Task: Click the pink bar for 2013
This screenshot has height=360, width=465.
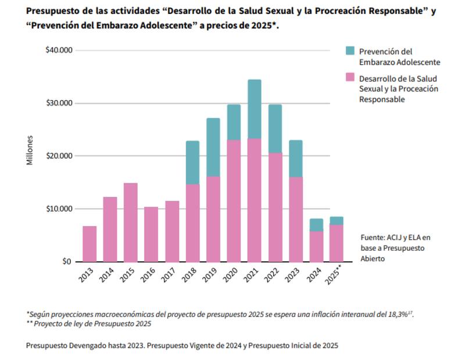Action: coord(90,244)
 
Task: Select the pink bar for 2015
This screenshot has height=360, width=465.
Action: coord(131,222)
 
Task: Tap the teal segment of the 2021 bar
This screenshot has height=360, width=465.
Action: coord(254,109)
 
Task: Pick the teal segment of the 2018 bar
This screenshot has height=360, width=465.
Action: coord(192,162)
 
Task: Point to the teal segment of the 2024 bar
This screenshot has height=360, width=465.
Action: coord(316,224)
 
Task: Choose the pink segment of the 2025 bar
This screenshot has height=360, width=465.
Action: coord(337,243)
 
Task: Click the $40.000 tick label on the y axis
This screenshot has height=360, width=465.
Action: coord(58,51)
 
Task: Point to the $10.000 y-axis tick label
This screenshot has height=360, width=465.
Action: coord(58,209)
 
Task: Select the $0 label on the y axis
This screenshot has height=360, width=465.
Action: coord(66,262)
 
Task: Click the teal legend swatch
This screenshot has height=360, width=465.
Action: coord(350,51)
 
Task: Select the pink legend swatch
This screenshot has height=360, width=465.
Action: coord(350,77)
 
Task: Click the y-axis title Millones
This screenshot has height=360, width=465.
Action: coord(30,150)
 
